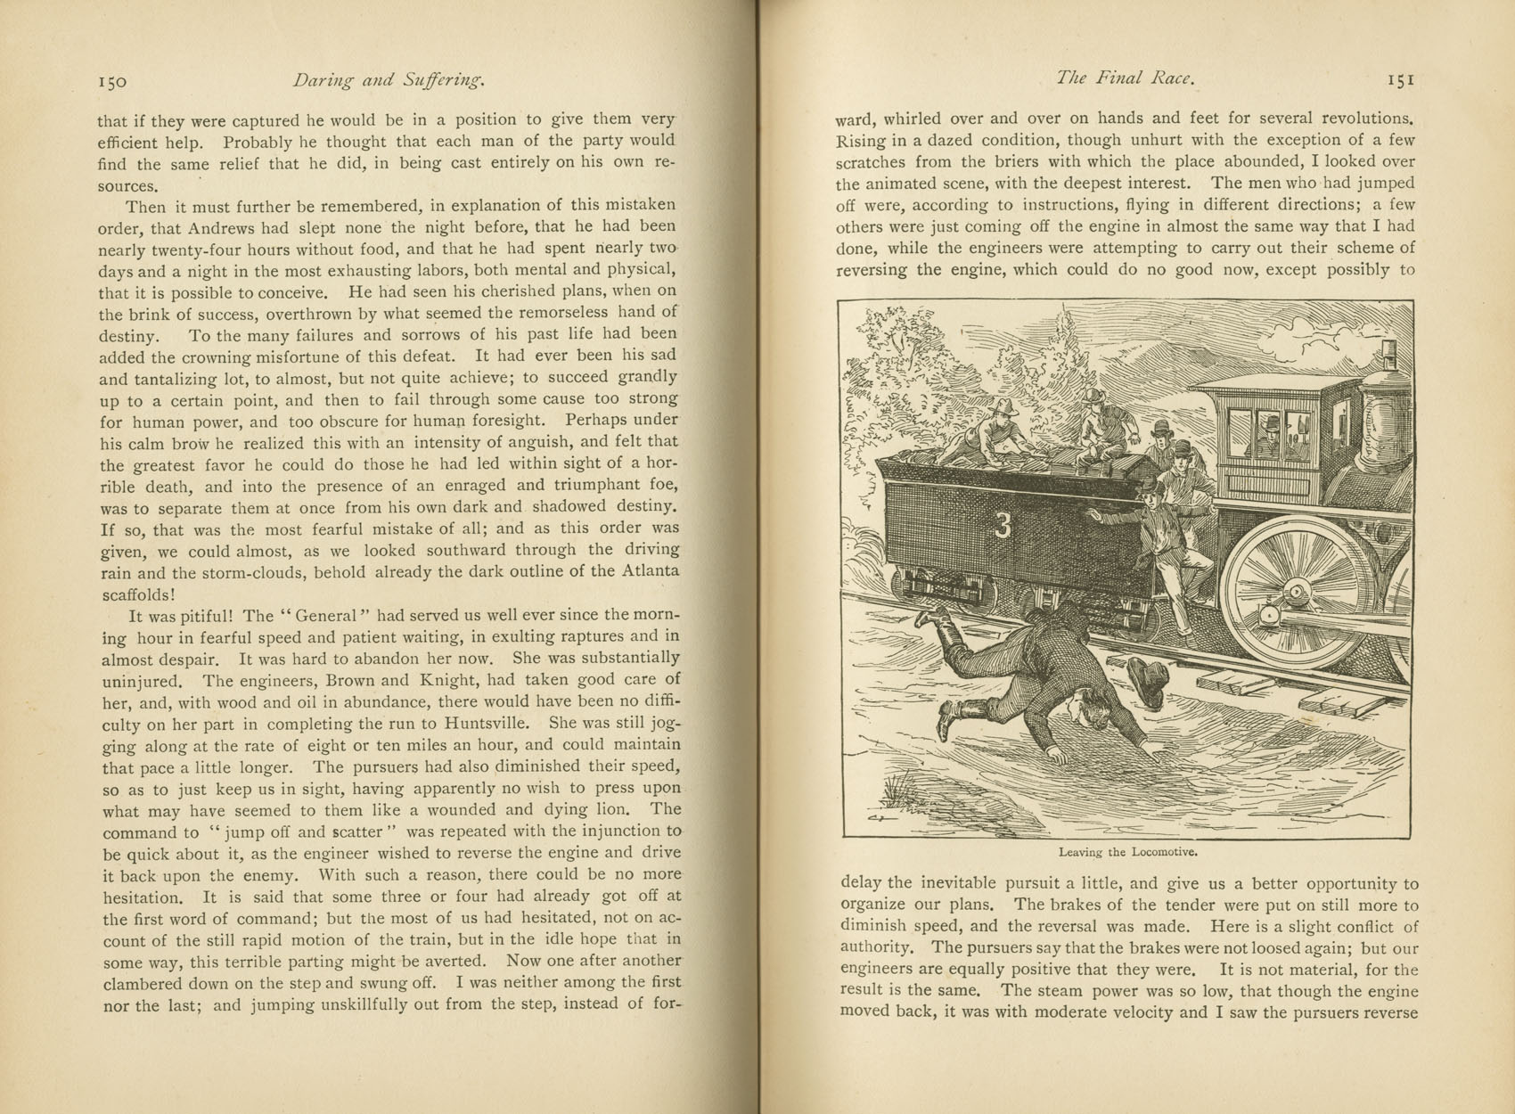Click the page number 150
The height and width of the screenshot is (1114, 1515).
[113, 82]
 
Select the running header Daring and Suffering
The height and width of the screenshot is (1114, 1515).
[389, 81]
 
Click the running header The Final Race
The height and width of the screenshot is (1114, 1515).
[1124, 78]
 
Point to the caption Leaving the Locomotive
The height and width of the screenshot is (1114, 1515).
[1126, 852]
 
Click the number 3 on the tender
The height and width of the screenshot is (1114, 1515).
[1003, 527]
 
